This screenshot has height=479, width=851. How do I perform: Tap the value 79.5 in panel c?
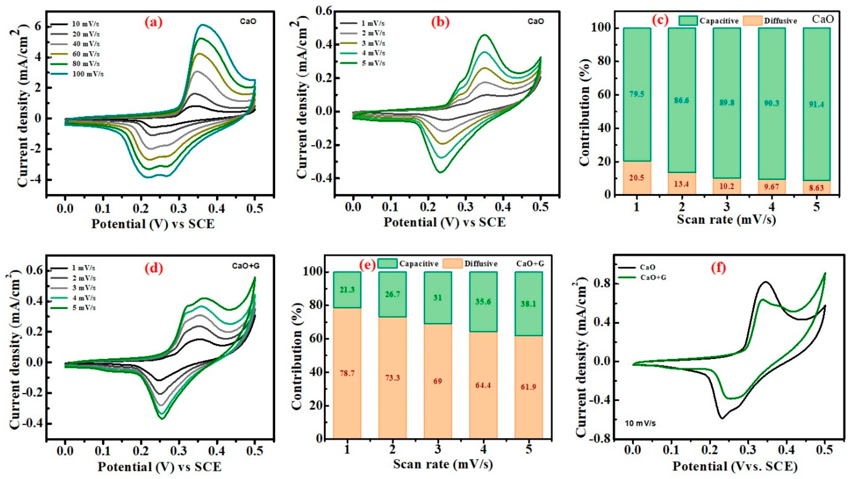point(637,94)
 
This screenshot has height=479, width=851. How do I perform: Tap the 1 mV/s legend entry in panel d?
point(84,268)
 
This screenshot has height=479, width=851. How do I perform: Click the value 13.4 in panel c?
point(682,184)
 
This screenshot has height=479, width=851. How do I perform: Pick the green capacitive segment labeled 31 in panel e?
point(438,298)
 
